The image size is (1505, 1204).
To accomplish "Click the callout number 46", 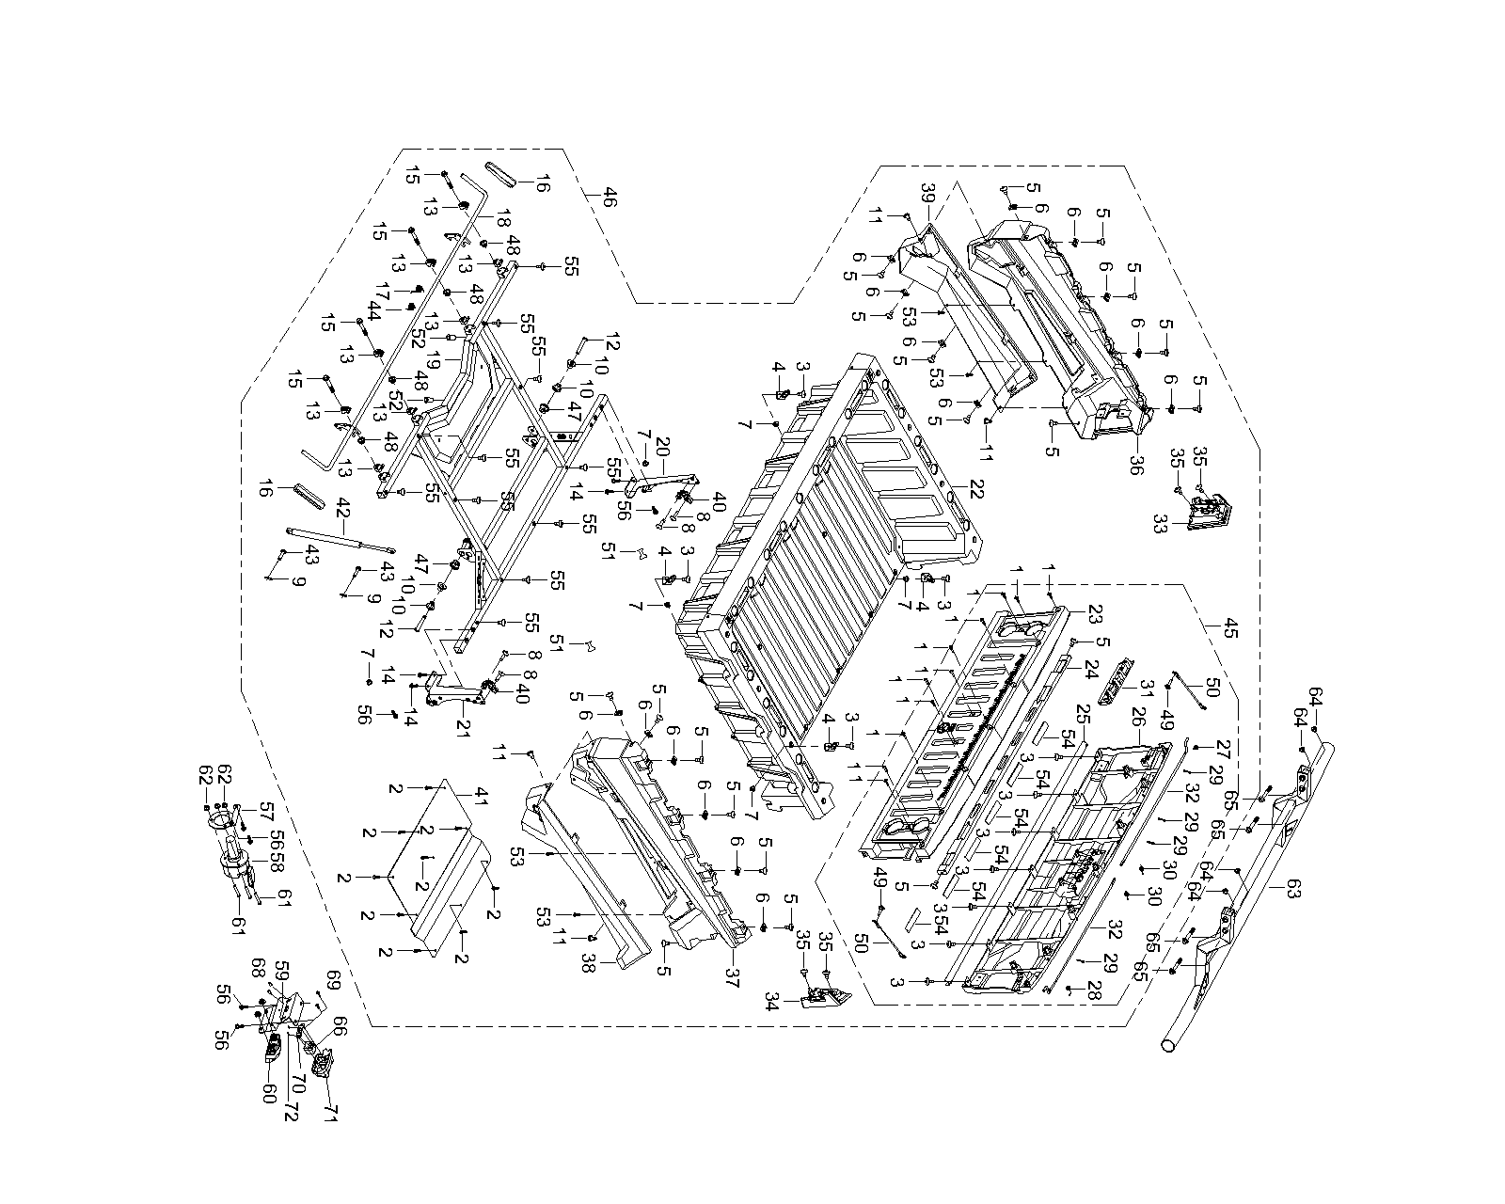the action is pyautogui.click(x=610, y=197).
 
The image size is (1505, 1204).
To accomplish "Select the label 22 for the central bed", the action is pyautogui.click(x=975, y=489).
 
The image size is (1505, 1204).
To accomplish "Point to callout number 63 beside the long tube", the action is pyautogui.click(x=1293, y=890).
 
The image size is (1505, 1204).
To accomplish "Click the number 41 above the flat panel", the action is pyautogui.click(x=481, y=796).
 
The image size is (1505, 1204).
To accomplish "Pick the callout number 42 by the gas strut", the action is pyautogui.click(x=342, y=507).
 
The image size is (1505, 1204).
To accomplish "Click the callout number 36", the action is pyautogui.click(x=1135, y=465).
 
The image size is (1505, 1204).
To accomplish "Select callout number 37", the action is pyautogui.click(x=732, y=977).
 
